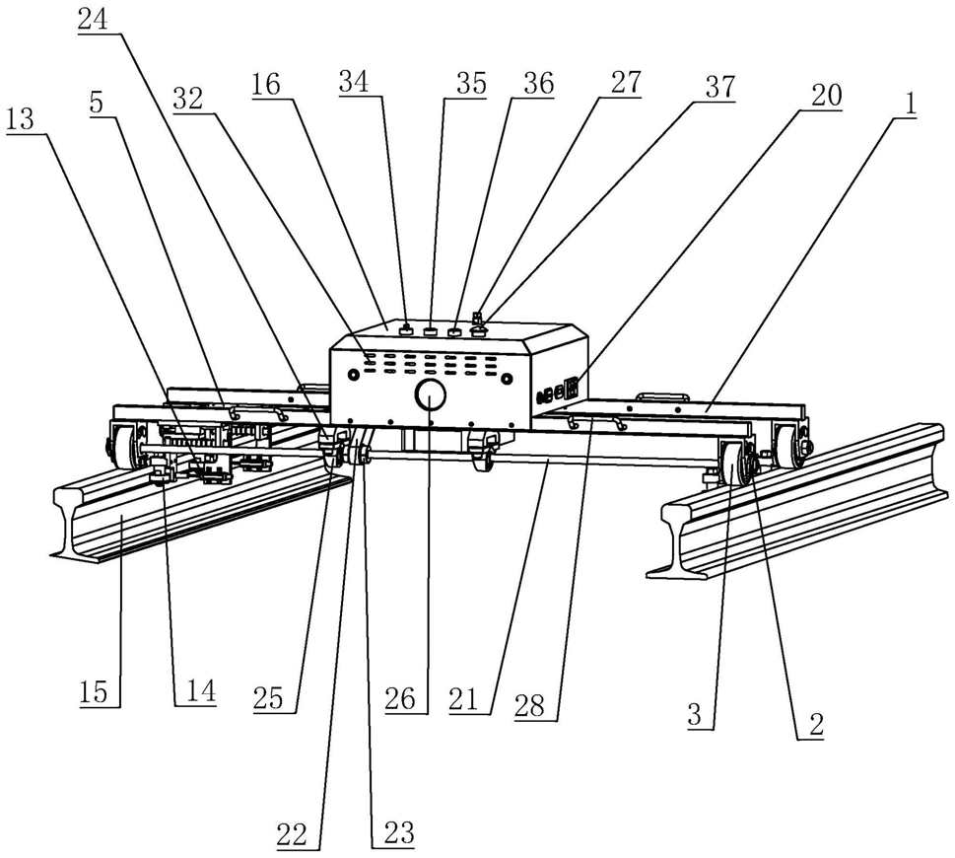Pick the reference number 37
click(719, 87)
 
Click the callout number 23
click(392, 833)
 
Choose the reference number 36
click(538, 85)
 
